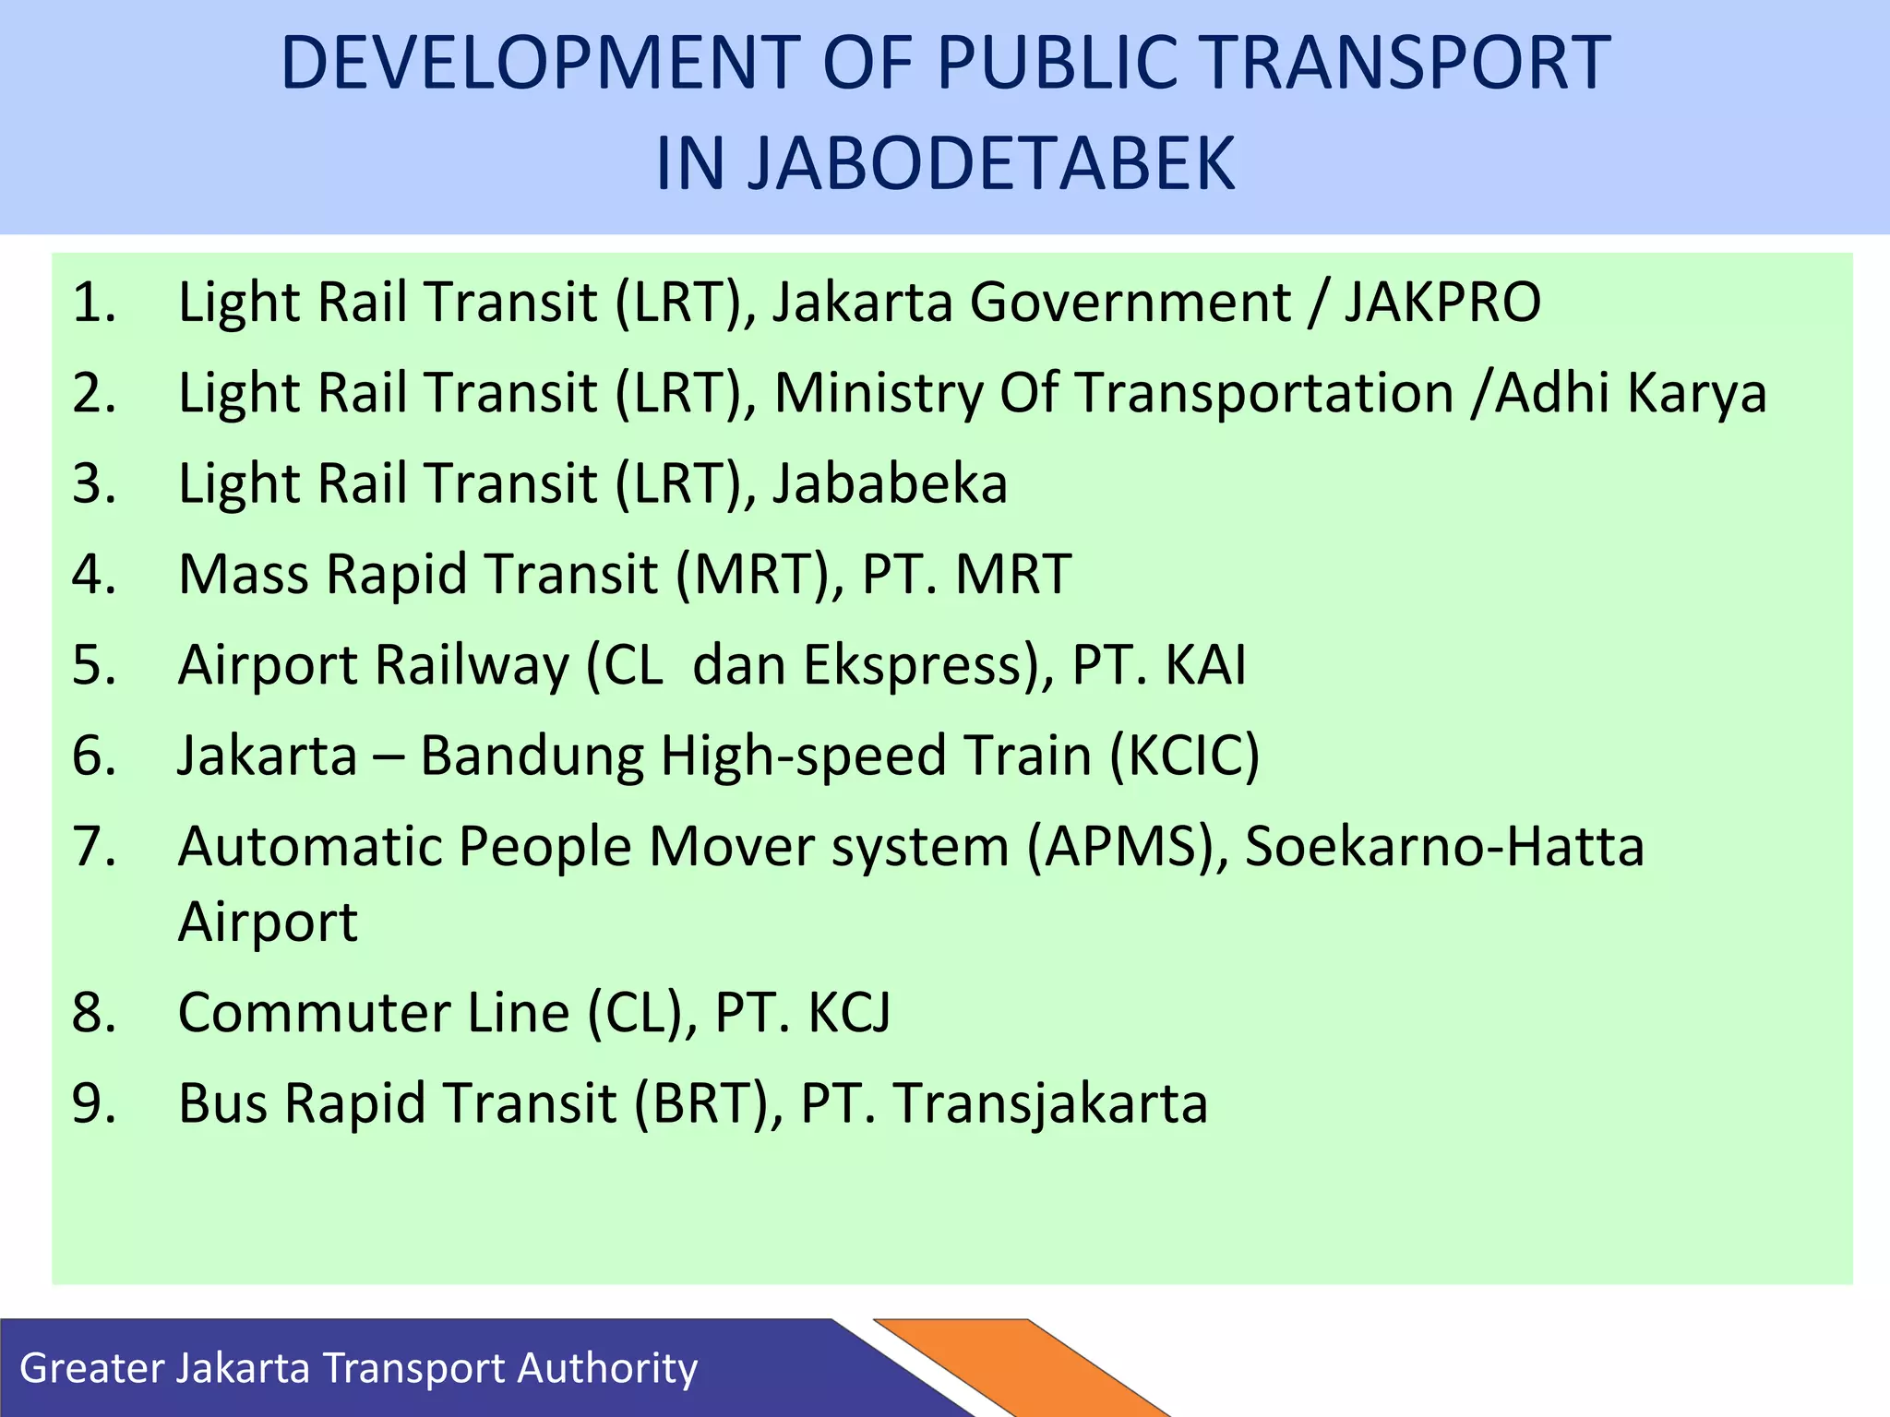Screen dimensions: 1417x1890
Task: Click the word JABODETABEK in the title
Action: [945, 164]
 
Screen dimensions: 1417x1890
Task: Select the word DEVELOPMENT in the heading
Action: [540, 63]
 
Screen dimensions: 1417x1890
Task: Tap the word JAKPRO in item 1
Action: [1442, 303]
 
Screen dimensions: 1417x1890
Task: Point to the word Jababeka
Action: [890, 484]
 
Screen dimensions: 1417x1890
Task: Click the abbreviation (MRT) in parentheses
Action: [760, 575]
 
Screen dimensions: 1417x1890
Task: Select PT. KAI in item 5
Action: [1159, 665]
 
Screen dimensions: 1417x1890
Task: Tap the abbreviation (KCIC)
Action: [1184, 756]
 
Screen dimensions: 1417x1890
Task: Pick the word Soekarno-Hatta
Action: [1444, 847]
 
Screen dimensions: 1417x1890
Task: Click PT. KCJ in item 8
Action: [803, 1013]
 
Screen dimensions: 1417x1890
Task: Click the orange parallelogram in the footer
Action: [1024, 1370]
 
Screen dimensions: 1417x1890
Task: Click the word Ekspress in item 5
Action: [919, 665]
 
